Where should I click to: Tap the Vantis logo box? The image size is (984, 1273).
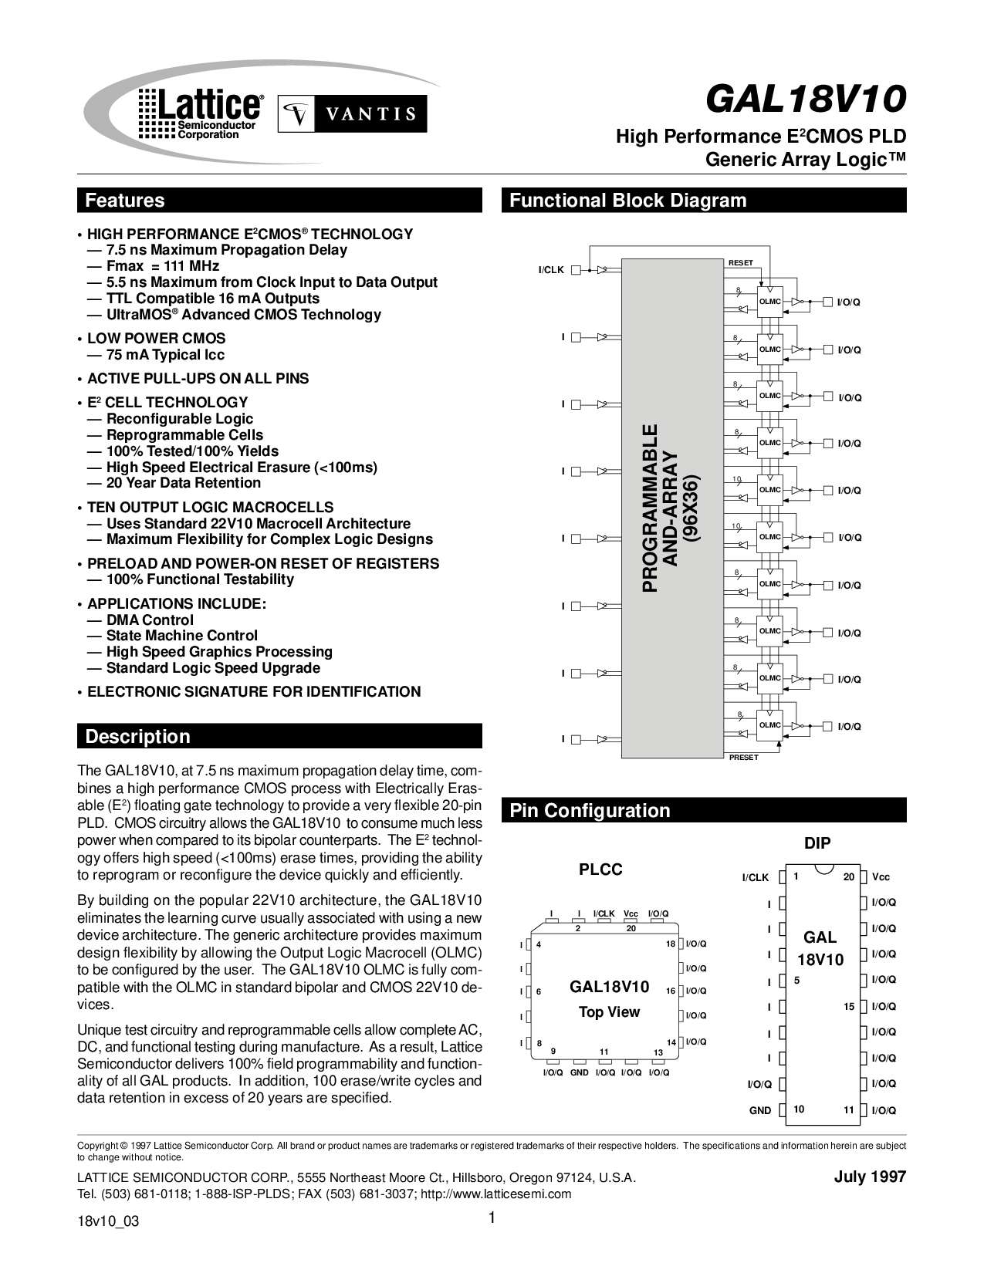(352, 113)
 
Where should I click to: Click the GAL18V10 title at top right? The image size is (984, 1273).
(806, 98)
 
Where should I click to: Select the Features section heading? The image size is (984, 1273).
(125, 201)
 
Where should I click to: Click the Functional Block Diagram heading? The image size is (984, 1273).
(627, 201)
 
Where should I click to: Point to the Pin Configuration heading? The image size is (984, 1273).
(590, 810)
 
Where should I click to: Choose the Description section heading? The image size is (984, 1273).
(137, 736)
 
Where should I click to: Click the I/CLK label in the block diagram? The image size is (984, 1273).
(551, 270)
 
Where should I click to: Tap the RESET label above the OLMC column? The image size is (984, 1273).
(741, 263)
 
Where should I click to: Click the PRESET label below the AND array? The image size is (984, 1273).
(744, 758)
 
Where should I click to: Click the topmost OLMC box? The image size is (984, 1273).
(770, 302)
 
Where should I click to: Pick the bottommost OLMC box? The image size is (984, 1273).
(770, 725)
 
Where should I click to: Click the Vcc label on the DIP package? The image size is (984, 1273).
(881, 877)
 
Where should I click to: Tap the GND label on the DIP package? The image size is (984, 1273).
(760, 1110)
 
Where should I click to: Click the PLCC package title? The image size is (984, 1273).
(600, 869)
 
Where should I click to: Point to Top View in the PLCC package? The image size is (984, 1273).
(610, 1011)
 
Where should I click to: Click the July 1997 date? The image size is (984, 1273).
(871, 1177)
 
